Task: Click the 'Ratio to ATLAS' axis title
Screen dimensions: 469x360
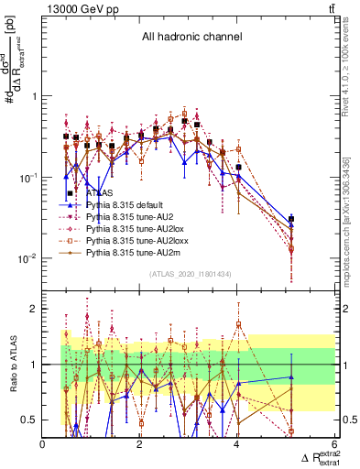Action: (x=13, y=365)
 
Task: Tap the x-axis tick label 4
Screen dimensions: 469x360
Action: (x=236, y=446)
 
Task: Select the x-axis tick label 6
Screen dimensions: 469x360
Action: (x=333, y=446)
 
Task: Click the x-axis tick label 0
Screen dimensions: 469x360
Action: (x=43, y=446)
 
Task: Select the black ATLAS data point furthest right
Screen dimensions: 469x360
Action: (x=291, y=219)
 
